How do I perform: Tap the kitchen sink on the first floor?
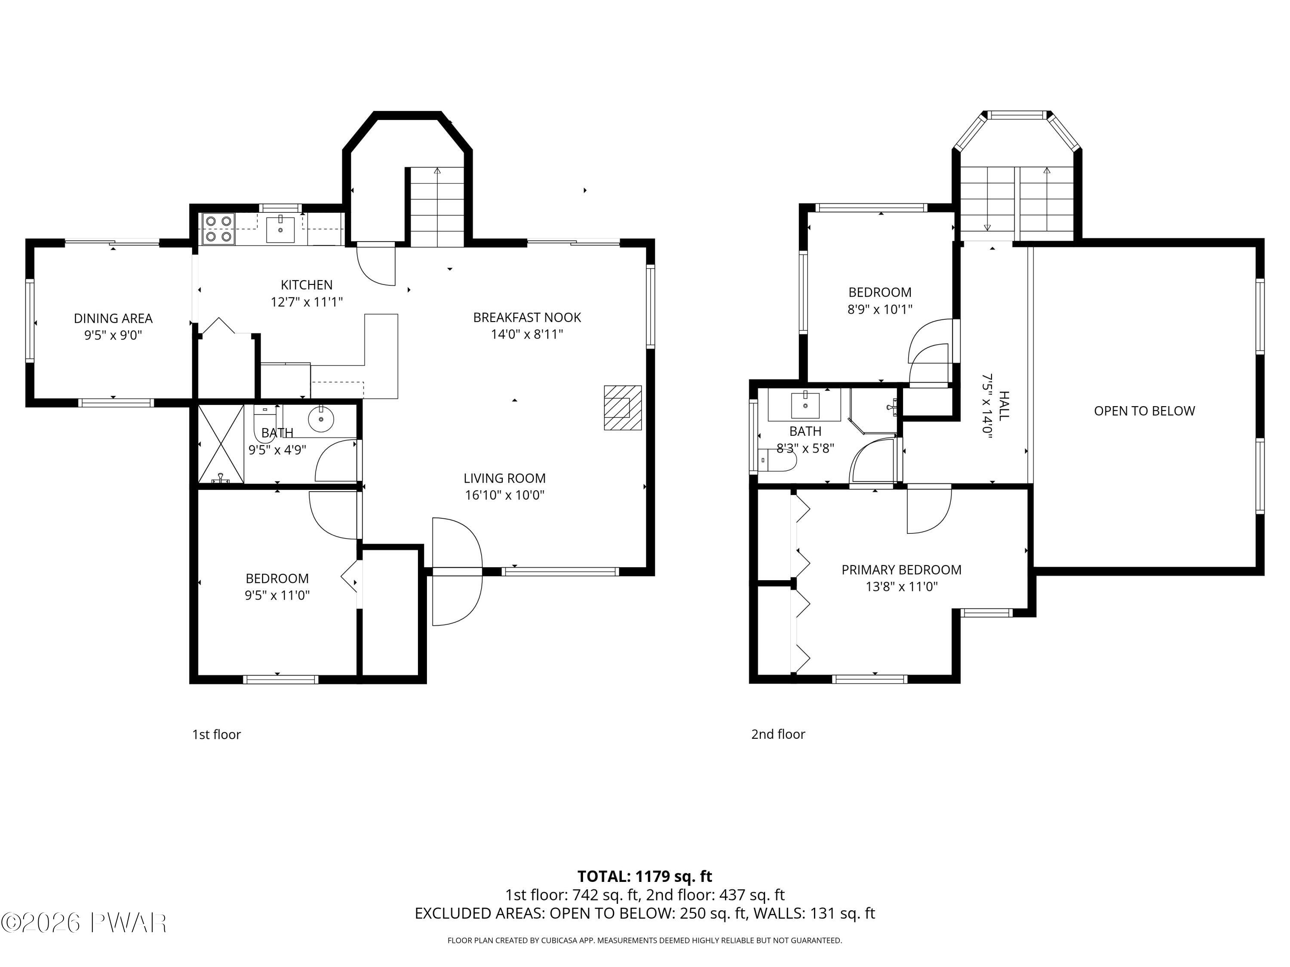tap(280, 229)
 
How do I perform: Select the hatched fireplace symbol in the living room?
tap(622, 407)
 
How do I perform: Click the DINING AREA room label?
tap(113, 318)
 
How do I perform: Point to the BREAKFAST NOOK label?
tap(527, 317)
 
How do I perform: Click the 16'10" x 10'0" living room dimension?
tap(504, 495)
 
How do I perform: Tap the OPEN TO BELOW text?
tap(1144, 411)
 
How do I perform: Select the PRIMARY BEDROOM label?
tap(901, 569)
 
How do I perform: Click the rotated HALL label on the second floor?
tap(1004, 406)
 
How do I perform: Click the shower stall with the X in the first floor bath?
tap(221, 444)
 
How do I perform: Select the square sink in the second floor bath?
tap(805, 406)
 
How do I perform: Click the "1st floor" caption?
tap(216, 734)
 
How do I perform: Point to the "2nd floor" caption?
tap(778, 734)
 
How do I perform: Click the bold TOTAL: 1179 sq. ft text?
tap(645, 876)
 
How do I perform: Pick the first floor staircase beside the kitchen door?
tap(437, 207)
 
